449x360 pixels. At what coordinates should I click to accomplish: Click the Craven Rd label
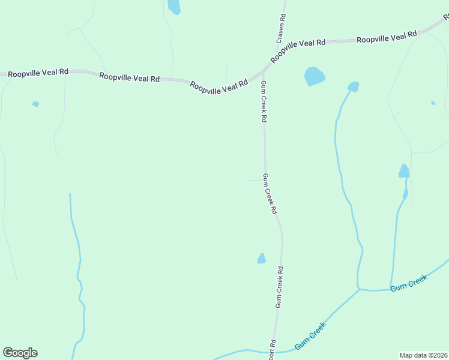(x=281, y=28)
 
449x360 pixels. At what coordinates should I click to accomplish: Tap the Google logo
(x=20, y=353)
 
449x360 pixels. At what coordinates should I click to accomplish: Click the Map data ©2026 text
(x=423, y=355)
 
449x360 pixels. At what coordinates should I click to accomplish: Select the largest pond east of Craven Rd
(x=314, y=76)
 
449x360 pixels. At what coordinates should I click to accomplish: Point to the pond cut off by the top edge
(x=173, y=7)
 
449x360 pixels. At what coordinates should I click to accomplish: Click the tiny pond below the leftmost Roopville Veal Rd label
(x=36, y=104)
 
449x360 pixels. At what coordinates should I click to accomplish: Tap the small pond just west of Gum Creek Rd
(x=262, y=259)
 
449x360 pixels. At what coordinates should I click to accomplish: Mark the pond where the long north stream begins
(x=354, y=86)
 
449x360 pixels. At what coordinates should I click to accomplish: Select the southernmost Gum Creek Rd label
(x=279, y=287)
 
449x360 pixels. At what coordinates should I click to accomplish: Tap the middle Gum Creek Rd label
(x=270, y=194)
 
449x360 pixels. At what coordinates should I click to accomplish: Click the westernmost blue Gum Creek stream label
(x=310, y=337)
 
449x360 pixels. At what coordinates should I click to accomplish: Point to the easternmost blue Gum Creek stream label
(x=409, y=283)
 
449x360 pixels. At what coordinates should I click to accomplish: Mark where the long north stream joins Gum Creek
(x=359, y=289)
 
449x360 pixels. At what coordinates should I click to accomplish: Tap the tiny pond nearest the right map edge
(x=433, y=103)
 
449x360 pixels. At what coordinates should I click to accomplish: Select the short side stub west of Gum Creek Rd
(x=254, y=179)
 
